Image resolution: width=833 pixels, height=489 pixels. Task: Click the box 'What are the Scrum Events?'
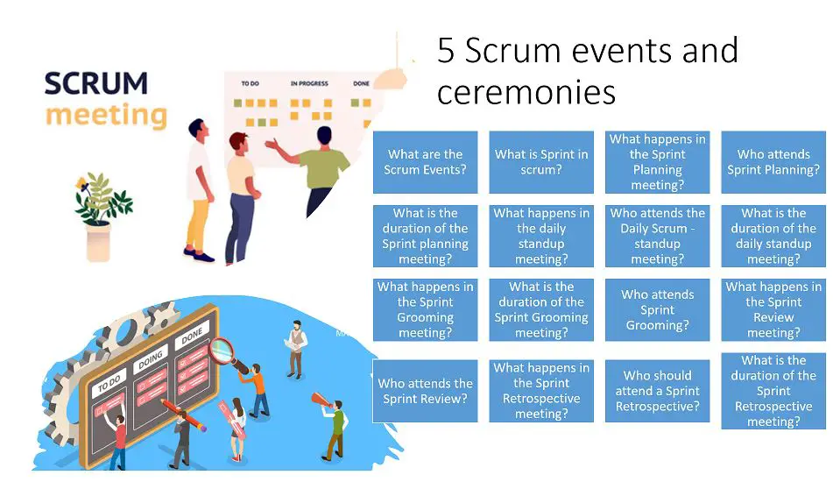[425, 162]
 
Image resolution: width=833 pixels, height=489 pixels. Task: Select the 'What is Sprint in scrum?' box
[540, 162]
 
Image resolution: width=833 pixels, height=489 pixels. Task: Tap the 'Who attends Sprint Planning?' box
[773, 162]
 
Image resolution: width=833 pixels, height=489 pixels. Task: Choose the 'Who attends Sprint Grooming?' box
[657, 310]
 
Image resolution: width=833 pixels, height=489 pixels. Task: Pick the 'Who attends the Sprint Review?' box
[425, 391]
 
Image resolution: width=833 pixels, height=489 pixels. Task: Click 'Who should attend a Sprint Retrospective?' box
[657, 391]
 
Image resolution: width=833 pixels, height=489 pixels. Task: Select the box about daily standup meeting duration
[773, 236]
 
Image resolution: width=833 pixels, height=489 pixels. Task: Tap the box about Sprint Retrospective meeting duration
[773, 391]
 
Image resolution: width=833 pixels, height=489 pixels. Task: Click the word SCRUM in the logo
[95, 84]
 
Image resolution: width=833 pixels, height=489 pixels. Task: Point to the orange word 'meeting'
[105, 115]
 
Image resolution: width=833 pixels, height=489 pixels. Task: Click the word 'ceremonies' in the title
[526, 91]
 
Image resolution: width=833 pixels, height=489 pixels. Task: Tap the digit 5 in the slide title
[447, 52]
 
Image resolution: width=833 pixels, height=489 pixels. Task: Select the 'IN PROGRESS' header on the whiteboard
[309, 84]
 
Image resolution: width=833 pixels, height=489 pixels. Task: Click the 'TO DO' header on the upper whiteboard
[250, 84]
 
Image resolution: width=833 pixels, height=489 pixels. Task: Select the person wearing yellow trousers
[199, 188]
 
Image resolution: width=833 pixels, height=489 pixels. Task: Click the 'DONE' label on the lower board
[192, 337]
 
